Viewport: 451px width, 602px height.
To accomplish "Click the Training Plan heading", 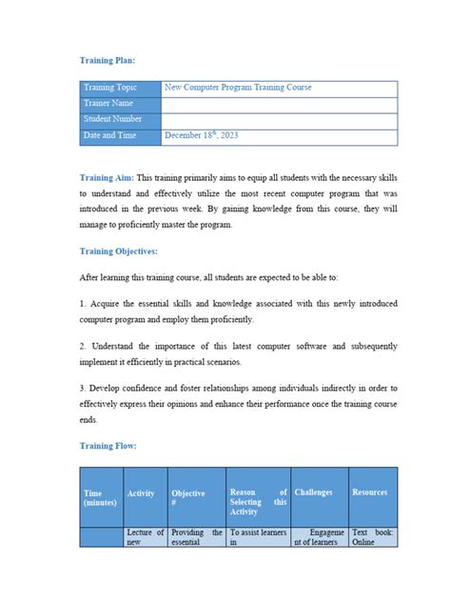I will click(x=113, y=59).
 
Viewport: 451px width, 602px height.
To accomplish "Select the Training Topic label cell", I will click(x=120, y=88).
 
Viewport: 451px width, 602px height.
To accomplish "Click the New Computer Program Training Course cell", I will click(x=279, y=88).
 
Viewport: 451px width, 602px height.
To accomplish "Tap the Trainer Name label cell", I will click(x=120, y=103).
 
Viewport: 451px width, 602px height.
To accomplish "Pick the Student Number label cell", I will click(x=120, y=119).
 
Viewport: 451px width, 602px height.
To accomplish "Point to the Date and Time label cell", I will click(x=120, y=135).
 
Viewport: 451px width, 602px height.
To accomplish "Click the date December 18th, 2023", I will click(x=201, y=135).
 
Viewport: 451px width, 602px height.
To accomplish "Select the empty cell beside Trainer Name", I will click(x=279, y=103).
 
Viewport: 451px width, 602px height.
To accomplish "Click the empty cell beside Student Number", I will click(x=279, y=119).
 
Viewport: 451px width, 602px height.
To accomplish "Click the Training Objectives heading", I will click(x=119, y=251).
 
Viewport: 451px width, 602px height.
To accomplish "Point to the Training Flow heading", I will click(x=108, y=445).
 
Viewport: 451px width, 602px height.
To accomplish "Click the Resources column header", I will click(x=371, y=492).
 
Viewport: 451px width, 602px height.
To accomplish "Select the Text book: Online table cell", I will click(x=373, y=537).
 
